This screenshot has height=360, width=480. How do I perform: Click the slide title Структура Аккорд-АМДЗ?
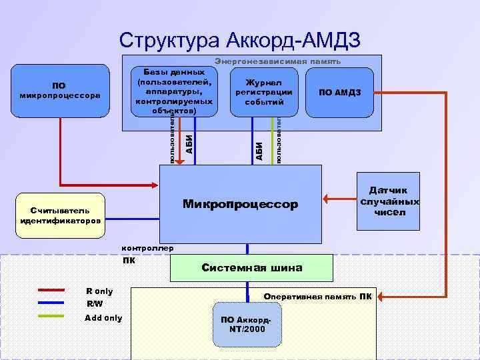click(x=240, y=40)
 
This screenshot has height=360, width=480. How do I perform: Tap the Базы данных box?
click(x=173, y=91)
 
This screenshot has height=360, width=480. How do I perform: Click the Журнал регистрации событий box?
click(x=264, y=92)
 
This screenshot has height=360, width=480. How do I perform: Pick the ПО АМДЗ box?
click(x=340, y=92)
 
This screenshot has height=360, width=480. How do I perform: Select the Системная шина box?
click(x=251, y=267)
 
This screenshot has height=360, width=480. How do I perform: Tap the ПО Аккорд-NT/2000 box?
click(x=247, y=324)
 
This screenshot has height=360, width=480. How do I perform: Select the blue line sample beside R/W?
click(x=51, y=303)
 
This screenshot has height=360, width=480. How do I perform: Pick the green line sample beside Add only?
click(x=51, y=317)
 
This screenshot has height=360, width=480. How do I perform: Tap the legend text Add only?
click(x=103, y=318)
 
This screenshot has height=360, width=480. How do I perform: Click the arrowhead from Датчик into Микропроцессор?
click(x=326, y=198)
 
